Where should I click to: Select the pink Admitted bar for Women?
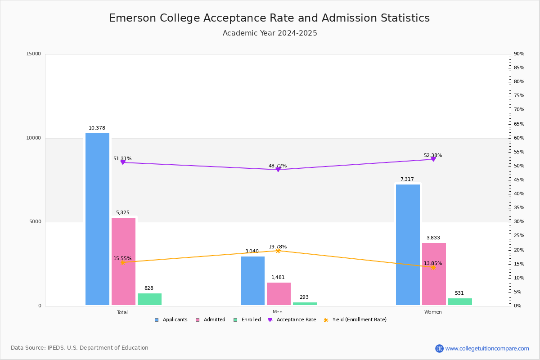click(434, 274)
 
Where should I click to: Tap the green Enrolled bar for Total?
click(149, 299)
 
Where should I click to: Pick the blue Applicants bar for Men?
click(252, 281)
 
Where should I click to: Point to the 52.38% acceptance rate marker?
click(433, 159)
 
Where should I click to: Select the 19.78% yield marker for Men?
click(278, 251)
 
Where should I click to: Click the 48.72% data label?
click(278, 166)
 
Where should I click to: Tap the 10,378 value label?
click(97, 128)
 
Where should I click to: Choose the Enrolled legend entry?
click(247, 320)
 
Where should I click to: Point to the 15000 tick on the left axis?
click(34, 54)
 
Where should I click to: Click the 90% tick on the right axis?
click(519, 54)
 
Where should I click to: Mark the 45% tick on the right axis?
click(519, 180)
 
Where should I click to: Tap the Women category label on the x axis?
click(433, 312)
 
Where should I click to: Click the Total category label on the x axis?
click(122, 312)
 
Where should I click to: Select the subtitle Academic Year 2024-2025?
click(270, 33)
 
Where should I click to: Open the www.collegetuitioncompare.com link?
click(487, 348)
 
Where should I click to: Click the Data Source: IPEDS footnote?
click(80, 348)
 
